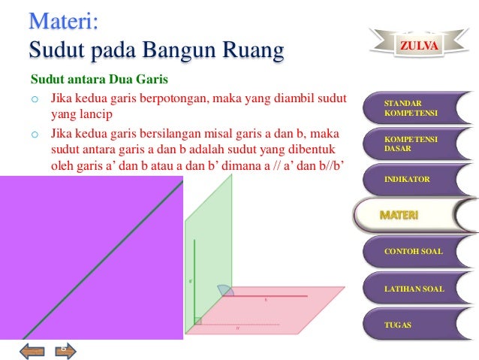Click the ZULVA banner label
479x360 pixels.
(419, 46)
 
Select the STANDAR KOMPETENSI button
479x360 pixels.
(411, 108)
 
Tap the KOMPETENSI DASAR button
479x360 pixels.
(411, 144)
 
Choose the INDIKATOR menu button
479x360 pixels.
(411, 180)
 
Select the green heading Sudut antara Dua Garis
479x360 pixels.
(98, 79)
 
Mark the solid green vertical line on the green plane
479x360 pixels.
(194, 278)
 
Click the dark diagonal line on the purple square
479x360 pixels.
(98, 263)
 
